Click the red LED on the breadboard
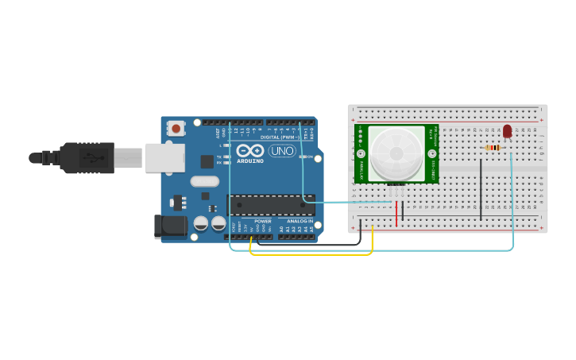(507, 131)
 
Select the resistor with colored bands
(493, 147)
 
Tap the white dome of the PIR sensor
(396, 151)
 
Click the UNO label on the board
(281, 151)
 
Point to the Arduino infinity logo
(249, 151)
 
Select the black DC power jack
(171, 226)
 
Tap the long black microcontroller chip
(270, 205)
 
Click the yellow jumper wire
(310, 254)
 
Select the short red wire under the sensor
(396, 213)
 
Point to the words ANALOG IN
(300, 221)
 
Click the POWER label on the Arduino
(262, 221)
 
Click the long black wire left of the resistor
(481, 189)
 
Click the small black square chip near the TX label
(207, 161)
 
